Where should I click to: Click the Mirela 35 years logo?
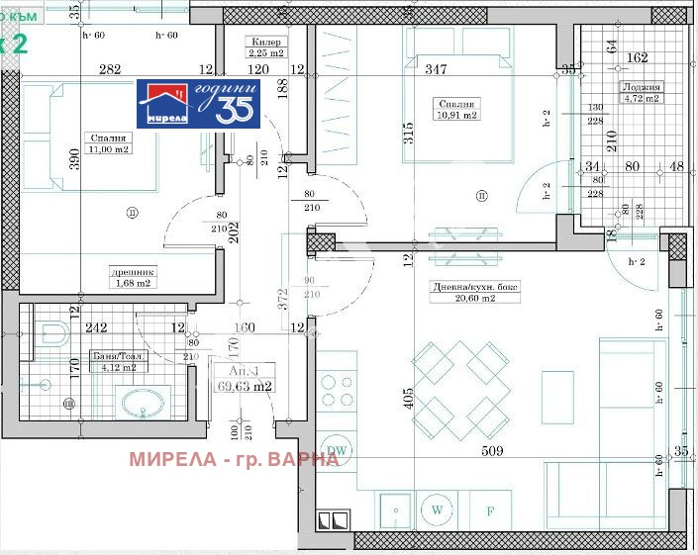click(198, 103)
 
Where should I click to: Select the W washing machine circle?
click(436, 510)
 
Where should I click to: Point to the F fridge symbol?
click(490, 511)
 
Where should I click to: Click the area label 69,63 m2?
click(245, 387)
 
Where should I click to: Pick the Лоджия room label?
click(641, 87)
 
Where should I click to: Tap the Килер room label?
click(267, 43)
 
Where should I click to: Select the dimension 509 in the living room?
click(493, 451)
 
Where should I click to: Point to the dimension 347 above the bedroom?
click(436, 69)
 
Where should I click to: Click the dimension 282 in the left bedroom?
click(109, 69)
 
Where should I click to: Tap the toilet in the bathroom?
click(51, 333)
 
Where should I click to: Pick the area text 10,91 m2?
click(458, 116)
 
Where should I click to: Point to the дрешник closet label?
click(133, 272)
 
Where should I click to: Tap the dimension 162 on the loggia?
click(638, 57)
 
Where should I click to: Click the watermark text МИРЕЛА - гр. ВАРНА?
click(234, 459)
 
